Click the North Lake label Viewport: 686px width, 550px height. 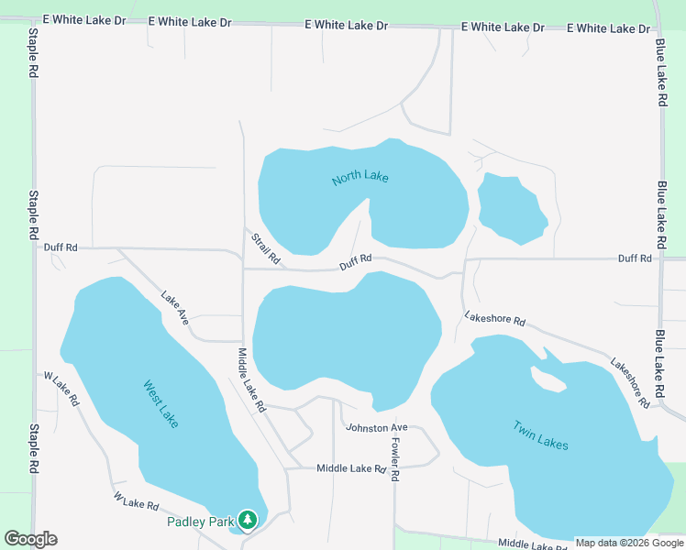360,176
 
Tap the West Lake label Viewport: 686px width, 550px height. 161,404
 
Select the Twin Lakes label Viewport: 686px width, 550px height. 540,434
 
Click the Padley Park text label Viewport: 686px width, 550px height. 200,522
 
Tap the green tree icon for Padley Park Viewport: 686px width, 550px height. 247,521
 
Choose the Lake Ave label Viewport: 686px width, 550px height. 174,309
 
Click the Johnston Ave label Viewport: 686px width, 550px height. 376,428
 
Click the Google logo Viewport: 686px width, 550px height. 31,538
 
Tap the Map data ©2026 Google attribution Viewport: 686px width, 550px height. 629,543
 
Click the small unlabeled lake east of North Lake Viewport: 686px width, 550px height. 511,209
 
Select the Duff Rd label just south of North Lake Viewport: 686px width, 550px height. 355,262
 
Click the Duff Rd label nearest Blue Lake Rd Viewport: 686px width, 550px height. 635,258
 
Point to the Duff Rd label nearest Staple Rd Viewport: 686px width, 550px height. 61,247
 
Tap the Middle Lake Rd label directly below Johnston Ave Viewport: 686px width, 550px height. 351,468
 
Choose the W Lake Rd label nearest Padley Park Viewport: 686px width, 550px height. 137,500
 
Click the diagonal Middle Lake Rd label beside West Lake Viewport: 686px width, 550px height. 250,379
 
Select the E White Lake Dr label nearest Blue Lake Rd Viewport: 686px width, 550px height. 609,28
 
